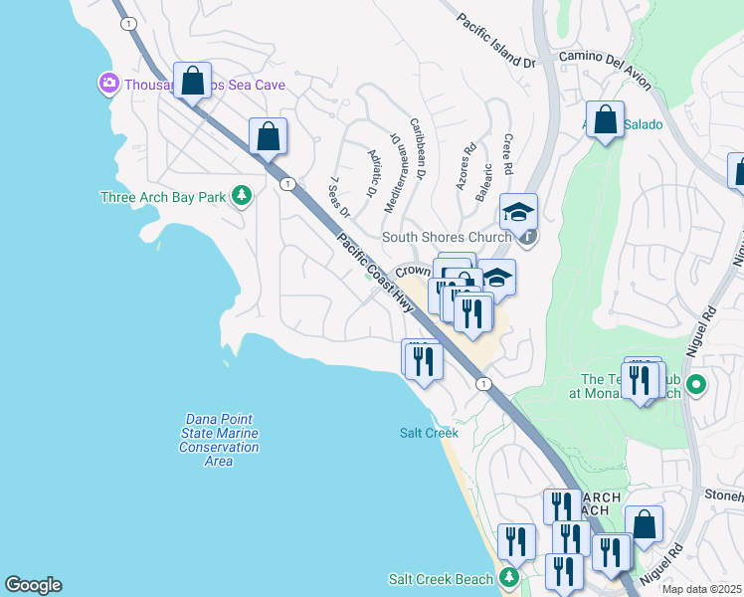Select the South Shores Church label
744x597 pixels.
point(447,237)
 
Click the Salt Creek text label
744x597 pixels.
point(429,433)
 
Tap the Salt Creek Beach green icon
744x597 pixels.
point(509,578)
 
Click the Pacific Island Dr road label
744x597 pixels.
point(496,41)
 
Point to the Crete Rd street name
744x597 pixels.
point(507,152)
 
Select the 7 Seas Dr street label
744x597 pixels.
point(339,198)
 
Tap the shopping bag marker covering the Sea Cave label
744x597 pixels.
point(193,79)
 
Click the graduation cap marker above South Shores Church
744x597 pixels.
point(518,211)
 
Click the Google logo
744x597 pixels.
point(33,585)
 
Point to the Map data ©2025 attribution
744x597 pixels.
point(702,589)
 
